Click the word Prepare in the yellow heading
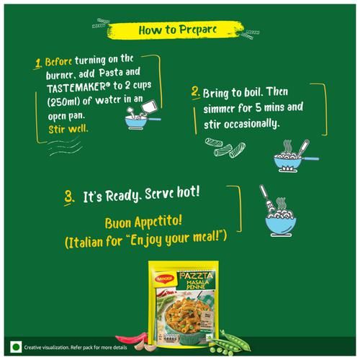[198, 30]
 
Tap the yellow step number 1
[38, 63]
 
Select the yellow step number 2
[196, 92]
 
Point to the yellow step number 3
[69, 197]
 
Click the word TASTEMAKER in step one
[76, 87]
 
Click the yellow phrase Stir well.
[68, 129]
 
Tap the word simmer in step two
[220, 109]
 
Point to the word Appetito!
[158, 222]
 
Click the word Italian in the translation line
[84, 243]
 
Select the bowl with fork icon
[279, 211]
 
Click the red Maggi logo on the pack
[165, 279]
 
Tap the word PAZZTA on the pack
[196, 276]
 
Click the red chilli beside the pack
[131, 338]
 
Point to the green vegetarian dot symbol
[16, 347]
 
